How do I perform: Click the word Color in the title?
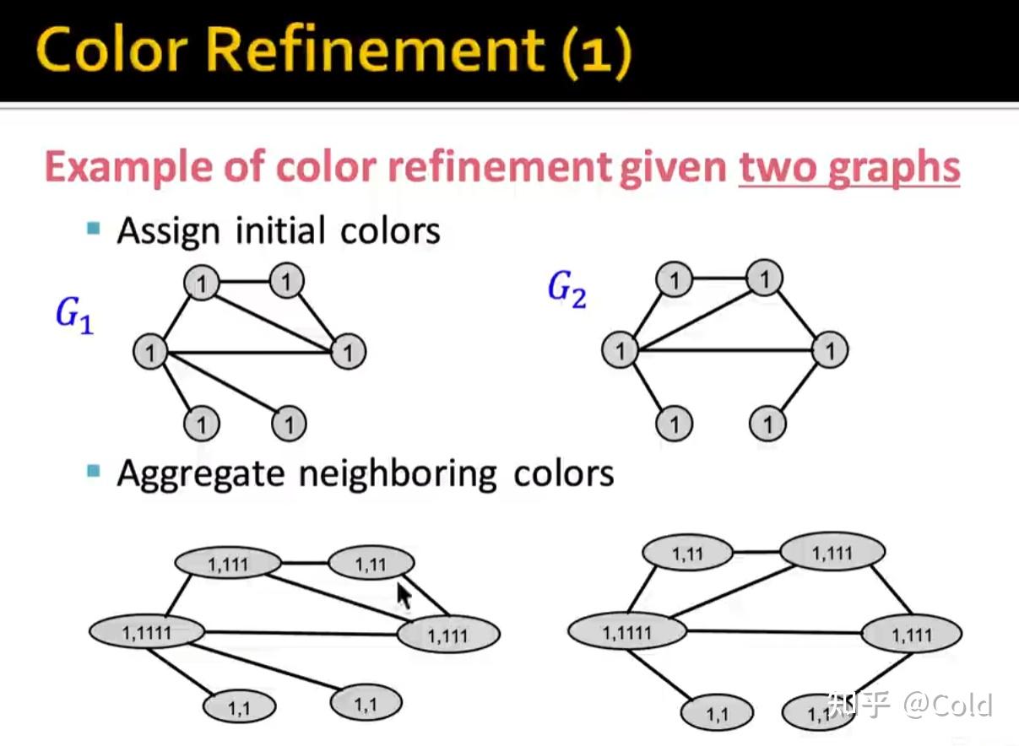[110, 51]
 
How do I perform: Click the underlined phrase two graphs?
[849, 167]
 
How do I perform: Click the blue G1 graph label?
[74, 316]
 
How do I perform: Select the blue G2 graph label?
[566, 289]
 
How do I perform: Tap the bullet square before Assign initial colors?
[94, 228]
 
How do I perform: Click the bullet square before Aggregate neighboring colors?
[94, 469]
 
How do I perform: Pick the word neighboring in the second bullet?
[396, 473]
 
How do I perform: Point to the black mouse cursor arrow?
[404, 595]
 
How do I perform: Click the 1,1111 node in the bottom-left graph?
[147, 631]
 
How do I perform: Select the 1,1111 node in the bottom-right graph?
[626, 632]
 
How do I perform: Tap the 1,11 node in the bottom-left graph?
[371, 564]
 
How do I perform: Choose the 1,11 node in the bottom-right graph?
[686, 554]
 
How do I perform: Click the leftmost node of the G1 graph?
[150, 351]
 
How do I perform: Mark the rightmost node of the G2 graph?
[830, 350]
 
